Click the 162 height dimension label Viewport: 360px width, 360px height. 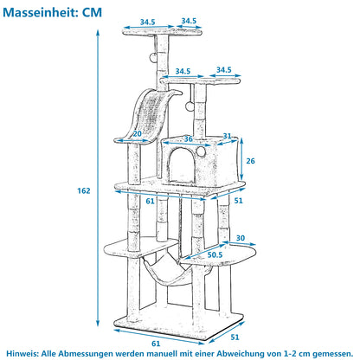[x=84, y=190]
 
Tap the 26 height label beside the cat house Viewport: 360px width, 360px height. [x=250, y=161]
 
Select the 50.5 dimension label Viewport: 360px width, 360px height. [x=215, y=254]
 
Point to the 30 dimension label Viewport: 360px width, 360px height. [x=241, y=238]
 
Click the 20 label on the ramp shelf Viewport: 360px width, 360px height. [x=138, y=134]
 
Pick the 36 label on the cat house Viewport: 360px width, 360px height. [x=189, y=139]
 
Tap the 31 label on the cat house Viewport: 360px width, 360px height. [x=228, y=136]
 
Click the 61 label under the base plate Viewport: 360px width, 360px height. [x=156, y=344]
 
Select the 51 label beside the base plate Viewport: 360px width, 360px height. [x=235, y=337]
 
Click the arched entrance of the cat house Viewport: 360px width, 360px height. [x=181, y=165]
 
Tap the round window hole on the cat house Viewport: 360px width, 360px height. [x=201, y=151]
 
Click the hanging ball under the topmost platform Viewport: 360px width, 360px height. [x=153, y=57]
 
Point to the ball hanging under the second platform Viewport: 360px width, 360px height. [x=190, y=106]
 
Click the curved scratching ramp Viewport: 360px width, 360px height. [x=150, y=115]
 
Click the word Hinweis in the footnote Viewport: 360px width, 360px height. [x=22, y=353]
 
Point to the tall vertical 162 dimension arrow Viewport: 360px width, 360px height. [x=98, y=178]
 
